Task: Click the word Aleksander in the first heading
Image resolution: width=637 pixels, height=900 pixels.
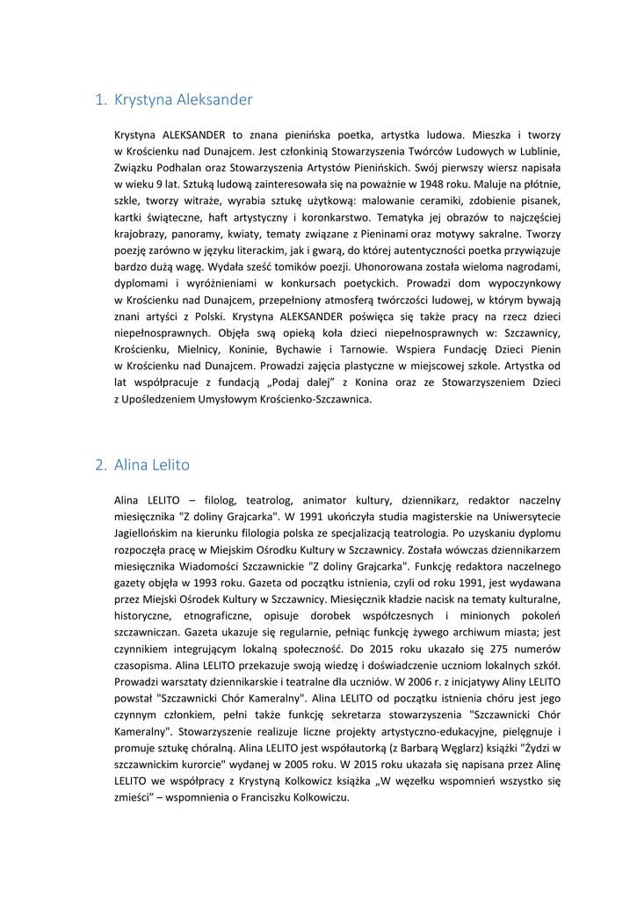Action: [214, 100]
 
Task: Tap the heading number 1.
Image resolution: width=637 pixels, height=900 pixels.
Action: [99, 100]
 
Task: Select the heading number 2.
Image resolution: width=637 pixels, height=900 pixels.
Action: [100, 465]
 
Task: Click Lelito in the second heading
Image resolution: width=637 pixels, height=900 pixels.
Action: [170, 465]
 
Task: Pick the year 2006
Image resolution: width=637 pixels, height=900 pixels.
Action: [431, 682]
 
